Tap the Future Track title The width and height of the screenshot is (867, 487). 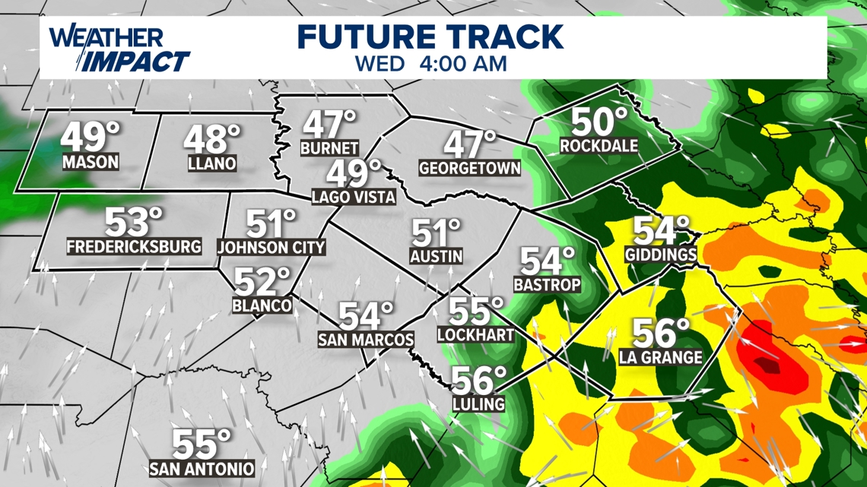[430, 36]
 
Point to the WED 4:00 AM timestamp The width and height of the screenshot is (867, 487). [430, 64]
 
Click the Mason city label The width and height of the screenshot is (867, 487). [91, 162]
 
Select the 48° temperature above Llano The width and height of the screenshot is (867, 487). [211, 140]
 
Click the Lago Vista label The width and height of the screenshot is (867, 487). [354, 197]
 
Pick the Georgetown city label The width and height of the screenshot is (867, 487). [470, 169]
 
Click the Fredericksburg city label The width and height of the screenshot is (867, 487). [134, 246]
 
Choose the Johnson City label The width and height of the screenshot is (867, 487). [271, 247]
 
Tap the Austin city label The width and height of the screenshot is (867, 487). [436, 256]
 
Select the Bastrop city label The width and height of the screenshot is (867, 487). [547, 285]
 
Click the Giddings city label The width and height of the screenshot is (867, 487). [662, 255]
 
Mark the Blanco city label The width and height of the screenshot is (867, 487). [262, 305]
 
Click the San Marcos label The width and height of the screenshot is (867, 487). [366, 339]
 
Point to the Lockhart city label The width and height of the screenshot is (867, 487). [476, 334]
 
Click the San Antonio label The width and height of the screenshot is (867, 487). [202, 468]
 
